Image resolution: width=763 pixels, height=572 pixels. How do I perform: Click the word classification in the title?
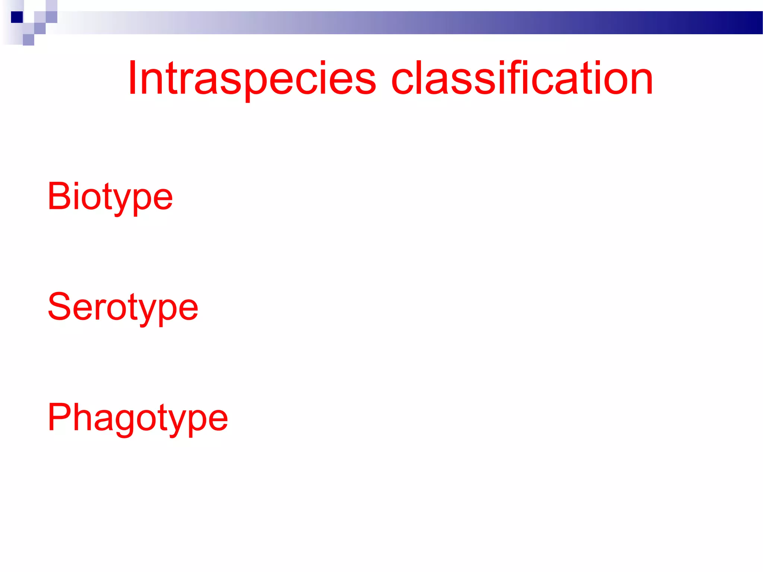click(x=522, y=78)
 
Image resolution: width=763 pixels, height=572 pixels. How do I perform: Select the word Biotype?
click(x=110, y=197)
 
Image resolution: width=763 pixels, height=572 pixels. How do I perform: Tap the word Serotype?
click(x=123, y=307)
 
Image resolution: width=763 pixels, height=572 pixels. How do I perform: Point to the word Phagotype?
click(x=137, y=418)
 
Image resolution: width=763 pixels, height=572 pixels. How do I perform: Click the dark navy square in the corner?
click(x=17, y=17)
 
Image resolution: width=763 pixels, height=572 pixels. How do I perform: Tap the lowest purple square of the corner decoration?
click(x=28, y=40)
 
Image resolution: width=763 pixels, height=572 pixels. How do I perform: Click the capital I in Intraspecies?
click(x=132, y=78)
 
